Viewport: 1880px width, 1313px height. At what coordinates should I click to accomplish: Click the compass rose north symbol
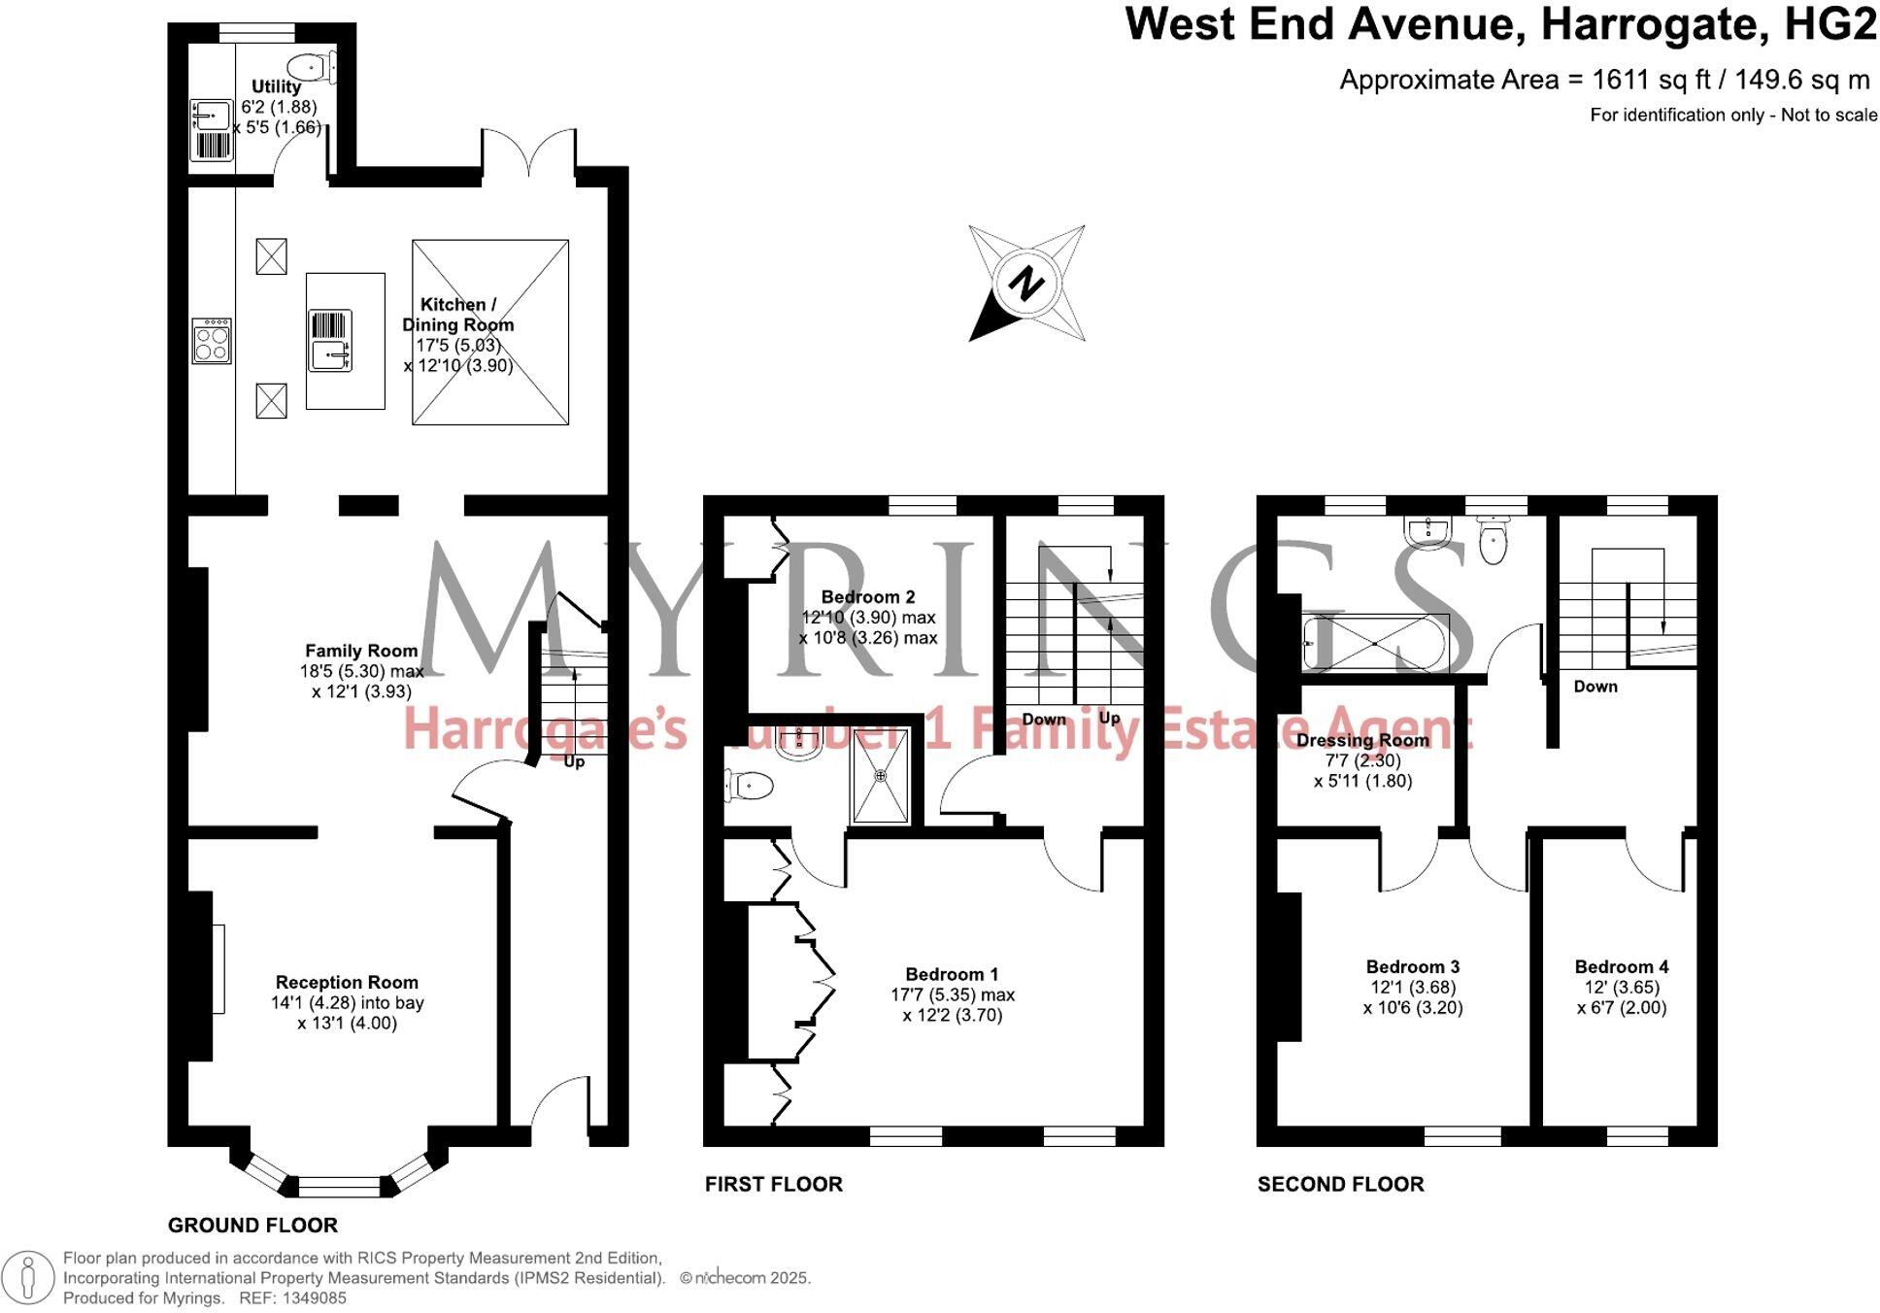click(1026, 284)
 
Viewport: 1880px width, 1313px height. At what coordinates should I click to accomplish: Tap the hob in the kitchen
click(212, 341)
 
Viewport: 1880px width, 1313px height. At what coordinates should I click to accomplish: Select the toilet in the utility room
click(312, 67)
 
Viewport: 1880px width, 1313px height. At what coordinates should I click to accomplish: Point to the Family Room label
click(361, 651)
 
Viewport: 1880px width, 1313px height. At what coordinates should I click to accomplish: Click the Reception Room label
click(347, 982)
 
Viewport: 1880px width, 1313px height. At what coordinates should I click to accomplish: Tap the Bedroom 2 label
click(867, 596)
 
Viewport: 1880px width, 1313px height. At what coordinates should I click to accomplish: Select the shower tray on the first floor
click(881, 776)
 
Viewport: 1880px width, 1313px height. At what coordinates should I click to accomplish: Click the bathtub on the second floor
click(1376, 643)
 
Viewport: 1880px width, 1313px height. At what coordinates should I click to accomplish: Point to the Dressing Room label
click(1362, 740)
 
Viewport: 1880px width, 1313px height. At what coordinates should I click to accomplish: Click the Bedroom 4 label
click(1621, 966)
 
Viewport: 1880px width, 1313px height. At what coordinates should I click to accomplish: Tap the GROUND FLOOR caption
click(252, 1225)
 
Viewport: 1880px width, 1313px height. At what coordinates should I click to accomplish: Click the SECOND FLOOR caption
click(1340, 1184)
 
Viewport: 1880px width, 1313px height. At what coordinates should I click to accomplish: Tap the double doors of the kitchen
click(529, 155)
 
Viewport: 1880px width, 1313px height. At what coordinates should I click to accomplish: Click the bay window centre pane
click(339, 1186)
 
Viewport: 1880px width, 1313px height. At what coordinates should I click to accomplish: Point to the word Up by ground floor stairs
click(574, 761)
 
